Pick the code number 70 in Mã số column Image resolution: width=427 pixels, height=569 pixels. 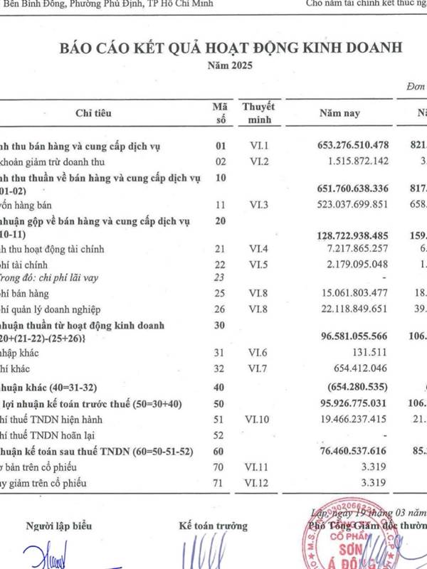[220, 467]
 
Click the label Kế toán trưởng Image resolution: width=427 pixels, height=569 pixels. [213, 526]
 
